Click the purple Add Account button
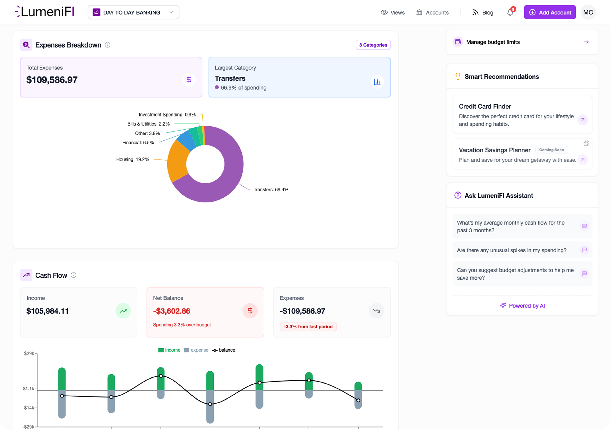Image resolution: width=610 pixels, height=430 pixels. pos(549,12)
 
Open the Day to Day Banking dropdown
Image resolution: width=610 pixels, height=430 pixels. pos(133,12)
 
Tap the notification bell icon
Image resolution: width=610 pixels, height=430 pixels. pos(510,12)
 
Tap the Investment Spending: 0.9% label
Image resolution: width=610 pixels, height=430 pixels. pos(167,115)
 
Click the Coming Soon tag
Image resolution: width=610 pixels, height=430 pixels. pos(551,150)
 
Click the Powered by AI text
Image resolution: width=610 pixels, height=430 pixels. pos(527,306)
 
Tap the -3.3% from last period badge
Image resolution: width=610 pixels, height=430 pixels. pos(308,326)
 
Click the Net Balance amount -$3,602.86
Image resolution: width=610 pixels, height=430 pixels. pos(172,311)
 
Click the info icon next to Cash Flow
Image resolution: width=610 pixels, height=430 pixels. pos(74,275)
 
